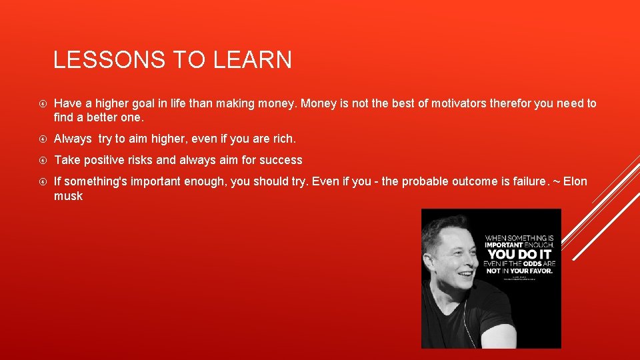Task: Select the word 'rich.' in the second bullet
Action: (281, 139)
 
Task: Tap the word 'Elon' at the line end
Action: (575, 181)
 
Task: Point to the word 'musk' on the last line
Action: (68, 196)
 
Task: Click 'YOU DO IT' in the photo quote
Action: (520, 254)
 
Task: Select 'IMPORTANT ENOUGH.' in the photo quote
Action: (520, 245)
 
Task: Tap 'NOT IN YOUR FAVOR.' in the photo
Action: (520, 271)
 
